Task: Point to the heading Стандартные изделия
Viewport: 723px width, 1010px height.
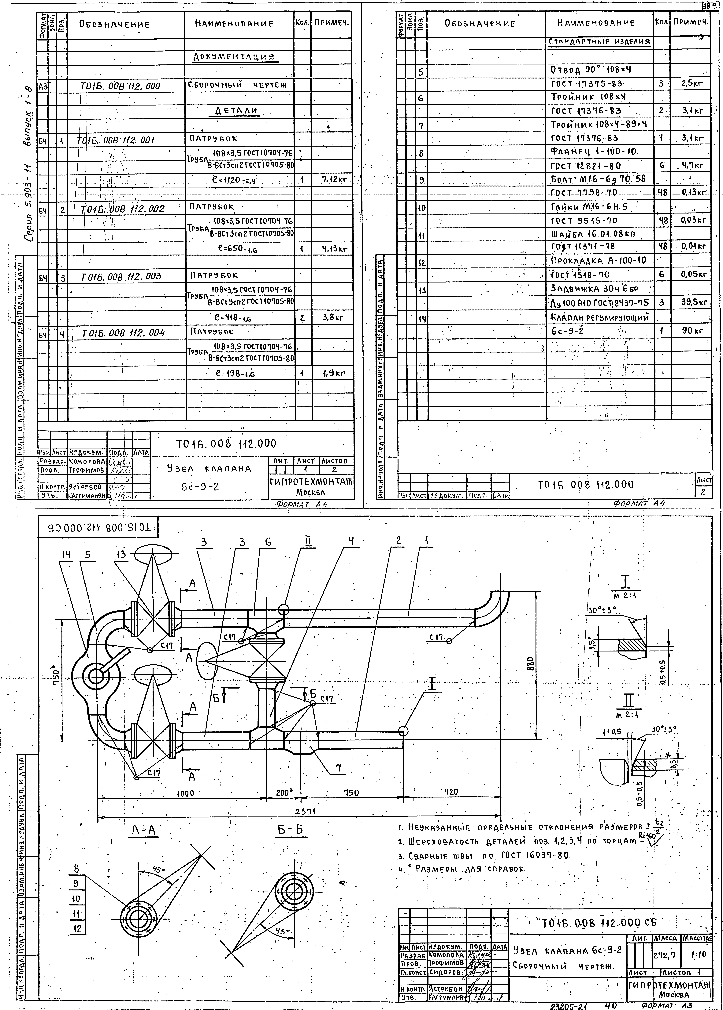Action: pyautogui.click(x=599, y=42)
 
